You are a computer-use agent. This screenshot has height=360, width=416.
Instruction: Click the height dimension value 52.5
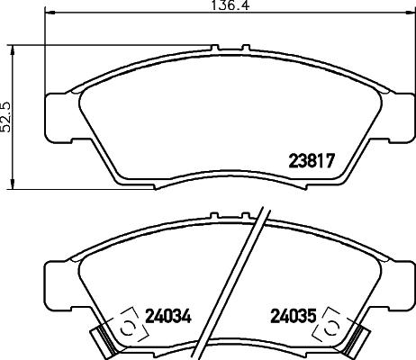[x=8, y=115]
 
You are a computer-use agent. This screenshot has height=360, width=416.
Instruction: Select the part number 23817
[x=311, y=163]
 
